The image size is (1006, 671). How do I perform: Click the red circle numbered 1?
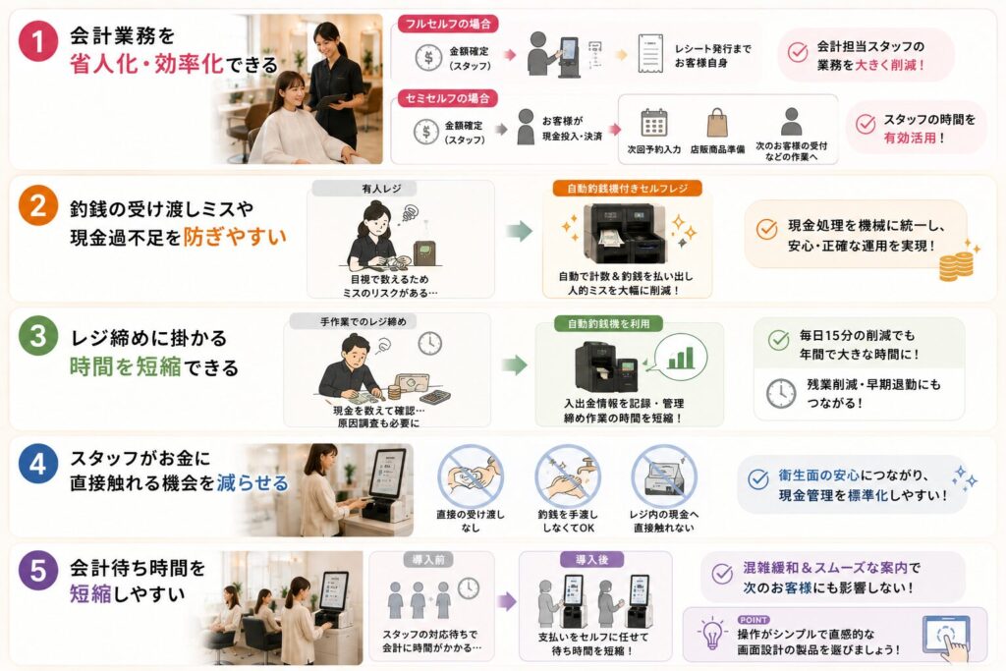38,41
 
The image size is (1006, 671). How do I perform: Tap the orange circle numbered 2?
38,206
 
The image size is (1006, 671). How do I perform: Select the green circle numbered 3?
38,336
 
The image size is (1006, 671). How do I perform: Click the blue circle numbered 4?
38,463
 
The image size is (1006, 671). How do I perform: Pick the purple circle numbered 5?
38,570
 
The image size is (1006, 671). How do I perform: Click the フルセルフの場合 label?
448,25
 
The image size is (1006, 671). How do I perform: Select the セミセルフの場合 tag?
448,98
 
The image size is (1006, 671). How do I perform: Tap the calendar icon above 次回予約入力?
653,123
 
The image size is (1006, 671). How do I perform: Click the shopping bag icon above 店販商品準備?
716,123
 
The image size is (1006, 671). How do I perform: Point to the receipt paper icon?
650,53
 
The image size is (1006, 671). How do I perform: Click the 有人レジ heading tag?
381,189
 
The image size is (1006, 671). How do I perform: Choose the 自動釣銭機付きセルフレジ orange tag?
628,188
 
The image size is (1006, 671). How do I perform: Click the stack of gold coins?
956,266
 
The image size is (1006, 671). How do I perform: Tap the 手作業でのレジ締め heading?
363,321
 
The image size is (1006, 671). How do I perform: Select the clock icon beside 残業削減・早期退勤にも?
781,393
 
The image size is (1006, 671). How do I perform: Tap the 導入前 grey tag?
428,559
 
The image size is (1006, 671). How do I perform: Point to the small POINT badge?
754,620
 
